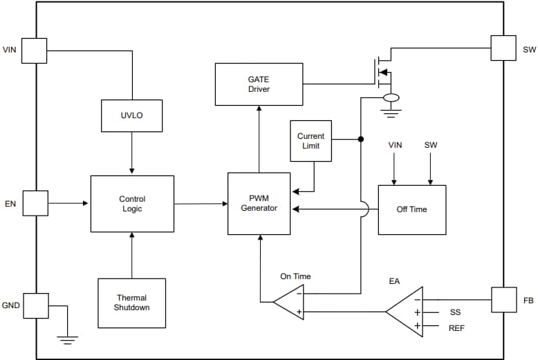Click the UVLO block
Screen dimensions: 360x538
131,115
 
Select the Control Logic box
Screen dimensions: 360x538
132,204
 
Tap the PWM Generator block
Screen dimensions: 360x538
259,204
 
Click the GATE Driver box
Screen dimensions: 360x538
259,84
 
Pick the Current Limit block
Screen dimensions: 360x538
310,141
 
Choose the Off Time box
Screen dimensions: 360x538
411,209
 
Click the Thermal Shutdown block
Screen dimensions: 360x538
131,303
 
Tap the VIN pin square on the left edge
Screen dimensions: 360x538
35,50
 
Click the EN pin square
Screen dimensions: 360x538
35,203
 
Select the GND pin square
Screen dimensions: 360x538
35,305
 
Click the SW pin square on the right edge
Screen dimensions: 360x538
503,48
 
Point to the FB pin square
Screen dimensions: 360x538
503,300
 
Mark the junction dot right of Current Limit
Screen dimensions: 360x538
360,139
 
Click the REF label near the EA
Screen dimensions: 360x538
456,328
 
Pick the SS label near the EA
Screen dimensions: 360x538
454,312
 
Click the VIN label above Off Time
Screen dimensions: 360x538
395,145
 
